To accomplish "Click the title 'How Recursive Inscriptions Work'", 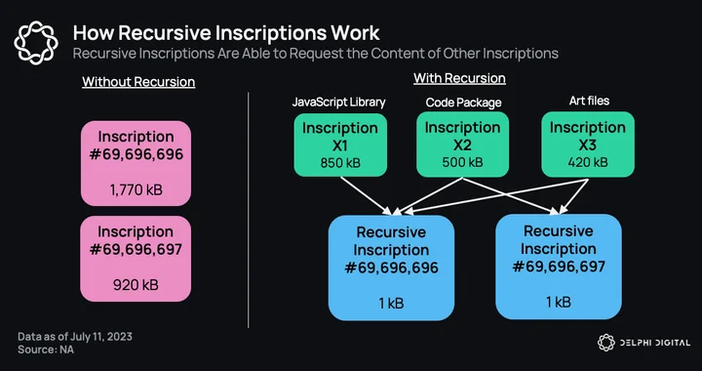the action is (x=226, y=33).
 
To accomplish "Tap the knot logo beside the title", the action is (x=36, y=43).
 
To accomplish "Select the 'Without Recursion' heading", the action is (x=138, y=82).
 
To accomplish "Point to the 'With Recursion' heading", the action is (x=459, y=78).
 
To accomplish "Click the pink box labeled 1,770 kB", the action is (x=136, y=164).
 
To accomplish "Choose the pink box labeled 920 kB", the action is (x=136, y=259).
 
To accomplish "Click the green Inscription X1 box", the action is (x=340, y=144).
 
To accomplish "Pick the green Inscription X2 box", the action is (x=462, y=144).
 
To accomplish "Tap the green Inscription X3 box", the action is (x=588, y=144).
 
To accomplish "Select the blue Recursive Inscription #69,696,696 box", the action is (x=391, y=268).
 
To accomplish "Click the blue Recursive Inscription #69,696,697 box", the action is (x=559, y=267).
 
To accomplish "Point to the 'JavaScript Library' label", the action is (x=338, y=103).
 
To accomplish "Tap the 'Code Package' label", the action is (x=463, y=103).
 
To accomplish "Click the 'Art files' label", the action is (x=589, y=101).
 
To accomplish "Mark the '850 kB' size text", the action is (x=340, y=163).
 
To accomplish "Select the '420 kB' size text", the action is (x=588, y=162).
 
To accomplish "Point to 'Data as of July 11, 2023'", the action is (x=75, y=337).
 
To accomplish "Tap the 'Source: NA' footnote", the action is (x=46, y=350).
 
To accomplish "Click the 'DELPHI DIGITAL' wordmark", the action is (x=654, y=344).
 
